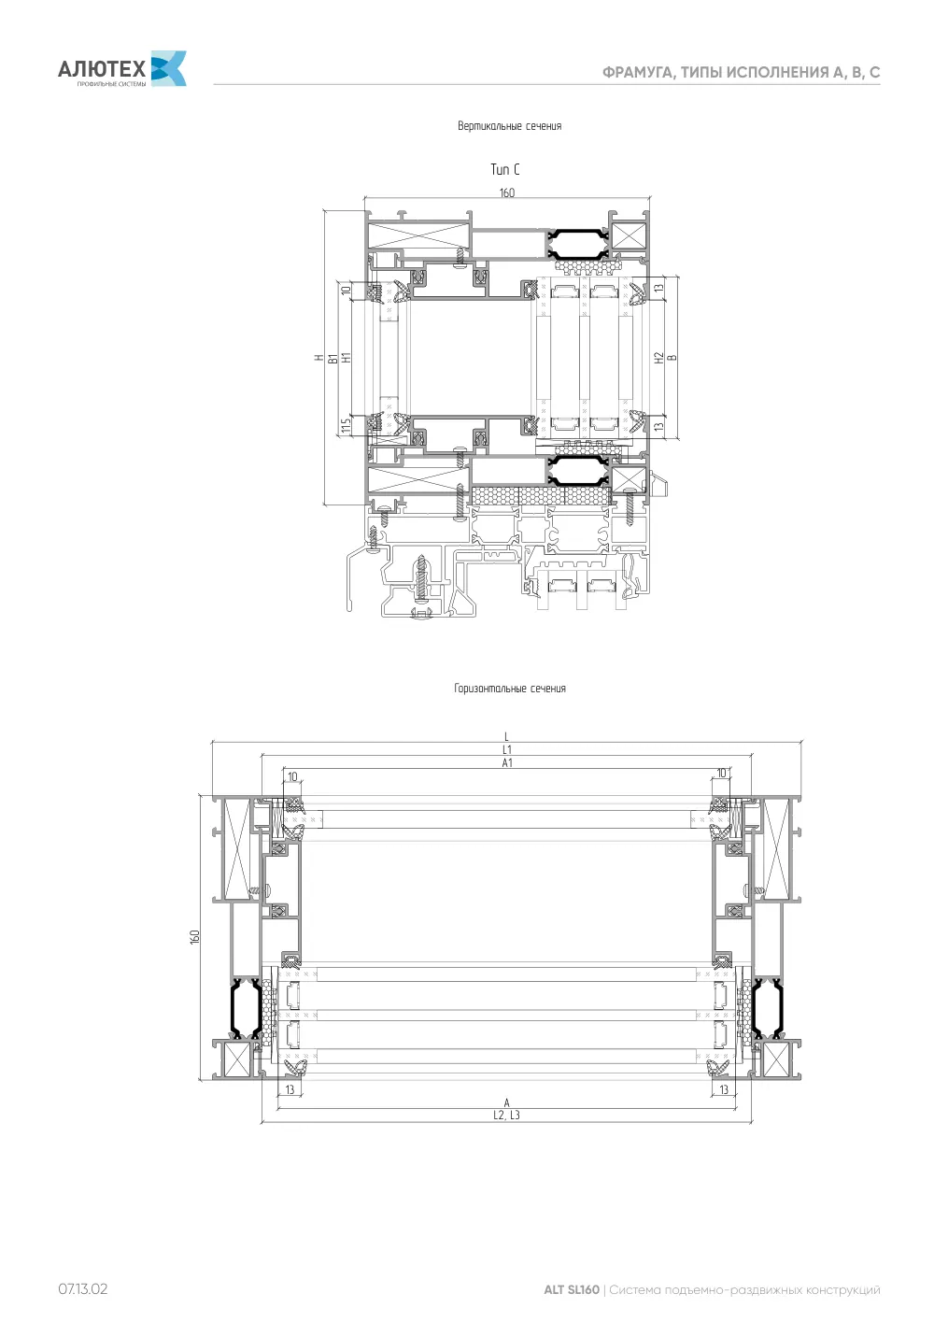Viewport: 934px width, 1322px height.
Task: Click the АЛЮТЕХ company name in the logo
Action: pos(102,69)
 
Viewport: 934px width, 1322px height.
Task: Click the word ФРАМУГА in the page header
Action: pos(639,73)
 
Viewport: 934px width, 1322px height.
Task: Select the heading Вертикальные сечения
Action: pos(509,126)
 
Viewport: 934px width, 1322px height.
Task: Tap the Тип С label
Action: pos(505,169)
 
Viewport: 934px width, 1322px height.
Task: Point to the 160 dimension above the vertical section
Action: pos(507,192)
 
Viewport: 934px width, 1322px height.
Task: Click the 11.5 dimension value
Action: pos(347,425)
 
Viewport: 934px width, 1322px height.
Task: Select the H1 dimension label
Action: pos(347,357)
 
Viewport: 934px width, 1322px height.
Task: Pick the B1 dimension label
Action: pos(333,358)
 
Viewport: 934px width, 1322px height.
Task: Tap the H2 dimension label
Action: pos(659,357)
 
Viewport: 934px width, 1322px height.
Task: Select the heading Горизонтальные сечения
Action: pos(510,689)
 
